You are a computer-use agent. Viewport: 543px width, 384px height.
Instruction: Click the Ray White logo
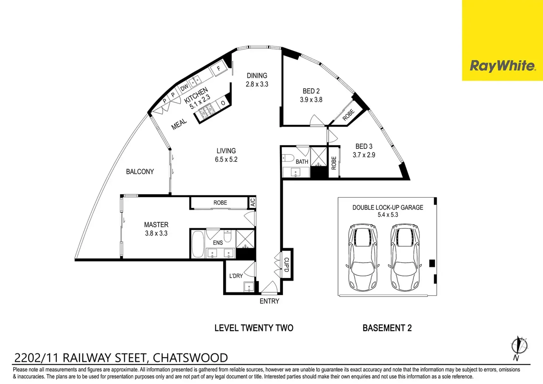[x=503, y=66]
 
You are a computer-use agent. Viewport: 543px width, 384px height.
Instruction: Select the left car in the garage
[x=362, y=257]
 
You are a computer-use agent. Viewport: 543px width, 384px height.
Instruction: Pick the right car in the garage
[x=405, y=257]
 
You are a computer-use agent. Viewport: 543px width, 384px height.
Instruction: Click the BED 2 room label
[x=311, y=91]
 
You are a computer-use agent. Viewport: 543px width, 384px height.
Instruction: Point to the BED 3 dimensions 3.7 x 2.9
[x=364, y=155]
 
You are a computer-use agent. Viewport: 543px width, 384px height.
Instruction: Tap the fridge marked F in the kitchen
[x=218, y=69]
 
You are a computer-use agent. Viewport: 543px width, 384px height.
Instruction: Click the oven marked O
[x=223, y=103]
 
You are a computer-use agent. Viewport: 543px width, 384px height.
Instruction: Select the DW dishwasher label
[x=184, y=88]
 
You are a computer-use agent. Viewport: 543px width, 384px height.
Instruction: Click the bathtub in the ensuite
[x=198, y=244]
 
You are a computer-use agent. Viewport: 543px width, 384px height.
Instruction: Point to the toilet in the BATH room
[x=288, y=158]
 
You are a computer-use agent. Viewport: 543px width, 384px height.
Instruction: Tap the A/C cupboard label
[x=253, y=202]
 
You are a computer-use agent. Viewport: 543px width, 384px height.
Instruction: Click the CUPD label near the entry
[x=286, y=264]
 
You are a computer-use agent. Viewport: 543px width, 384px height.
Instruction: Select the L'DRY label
[x=236, y=276]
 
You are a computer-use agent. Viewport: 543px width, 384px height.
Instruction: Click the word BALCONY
[x=140, y=172]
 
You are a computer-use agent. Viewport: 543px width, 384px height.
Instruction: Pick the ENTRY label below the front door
[x=269, y=301]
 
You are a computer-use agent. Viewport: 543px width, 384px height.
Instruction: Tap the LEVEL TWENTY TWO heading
[x=254, y=328]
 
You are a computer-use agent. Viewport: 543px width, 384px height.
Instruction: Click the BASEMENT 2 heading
[x=387, y=328]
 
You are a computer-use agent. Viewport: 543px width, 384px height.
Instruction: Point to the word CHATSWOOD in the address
[x=190, y=358]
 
